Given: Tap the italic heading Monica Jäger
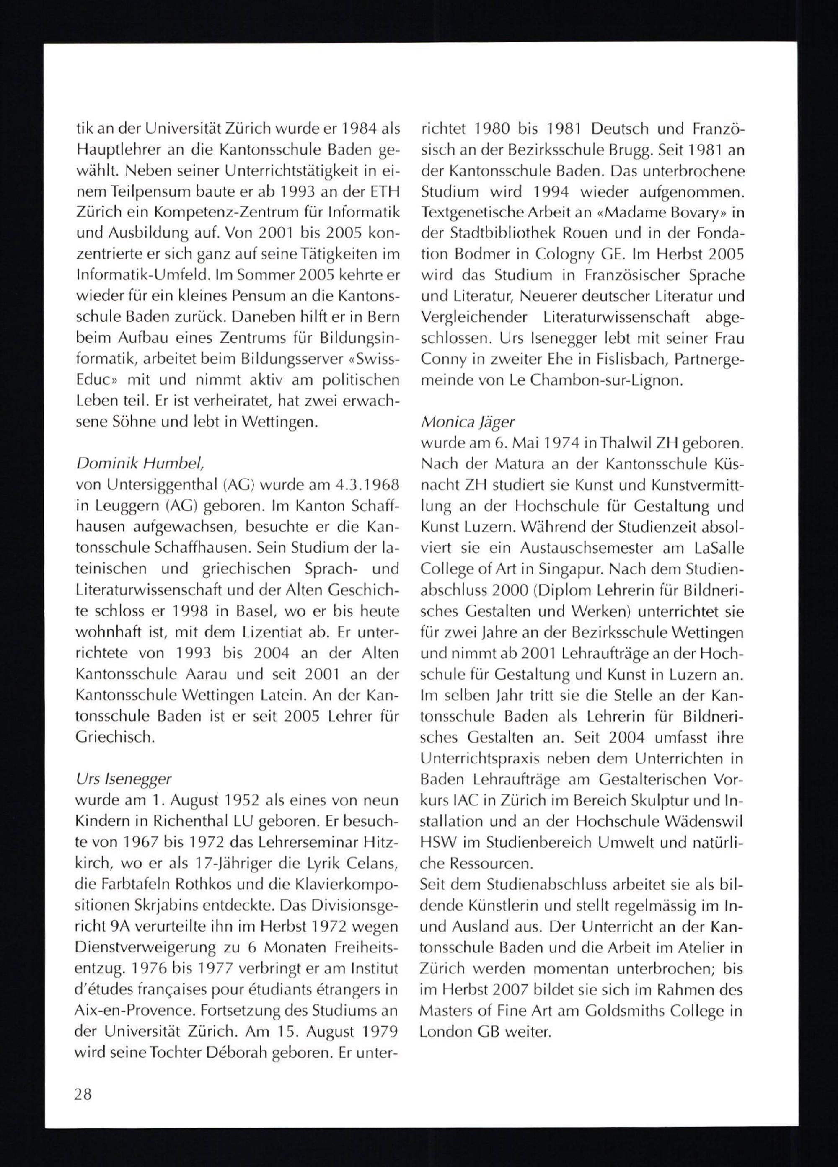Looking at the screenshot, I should coord(467,422).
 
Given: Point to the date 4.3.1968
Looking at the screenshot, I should coord(364,485).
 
